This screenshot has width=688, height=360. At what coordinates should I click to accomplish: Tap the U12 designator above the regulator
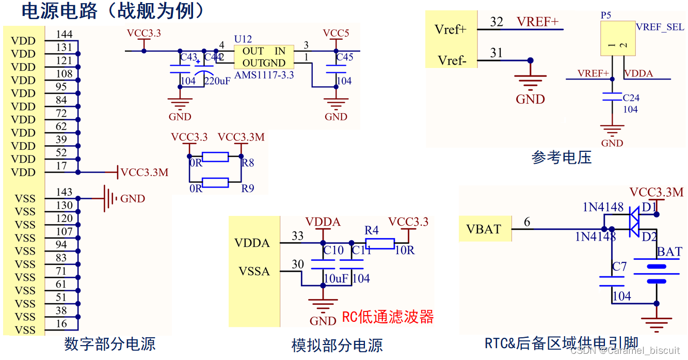[x=243, y=39]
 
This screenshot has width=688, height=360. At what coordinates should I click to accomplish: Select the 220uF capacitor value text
[x=217, y=81]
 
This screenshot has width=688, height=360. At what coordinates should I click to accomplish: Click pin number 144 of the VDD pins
[x=65, y=35]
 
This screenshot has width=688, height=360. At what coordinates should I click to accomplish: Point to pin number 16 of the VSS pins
[x=61, y=324]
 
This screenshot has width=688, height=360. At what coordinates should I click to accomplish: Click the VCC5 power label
[x=336, y=33]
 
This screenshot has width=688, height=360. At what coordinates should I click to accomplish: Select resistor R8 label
[x=248, y=163]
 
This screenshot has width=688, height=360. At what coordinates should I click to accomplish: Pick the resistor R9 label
[x=248, y=189]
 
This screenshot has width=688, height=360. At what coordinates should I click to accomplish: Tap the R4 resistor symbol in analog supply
[x=380, y=243]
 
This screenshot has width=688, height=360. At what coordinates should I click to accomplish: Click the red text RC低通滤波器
[x=388, y=317]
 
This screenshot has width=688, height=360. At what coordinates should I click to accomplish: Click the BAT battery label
[x=669, y=252]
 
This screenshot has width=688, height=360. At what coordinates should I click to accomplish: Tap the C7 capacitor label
[x=619, y=267]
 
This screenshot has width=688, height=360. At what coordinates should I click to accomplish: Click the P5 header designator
[x=606, y=15]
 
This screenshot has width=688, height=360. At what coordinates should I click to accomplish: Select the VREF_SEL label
[x=660, y=27]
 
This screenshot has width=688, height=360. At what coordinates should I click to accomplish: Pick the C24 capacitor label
[x=631, y=98]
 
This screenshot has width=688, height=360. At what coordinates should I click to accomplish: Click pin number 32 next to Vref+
[x=497, y=22]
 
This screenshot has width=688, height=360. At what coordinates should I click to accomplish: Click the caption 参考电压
[x=561, y=158]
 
